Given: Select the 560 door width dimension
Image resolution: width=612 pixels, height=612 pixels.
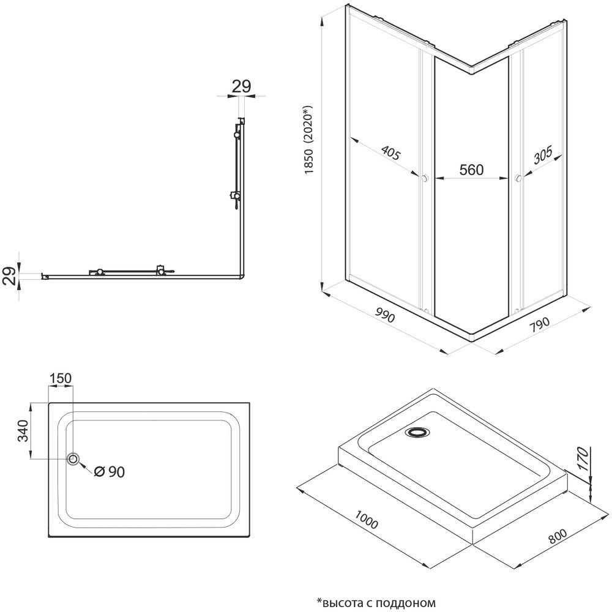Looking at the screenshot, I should pyautogui.click(x=471, y=170).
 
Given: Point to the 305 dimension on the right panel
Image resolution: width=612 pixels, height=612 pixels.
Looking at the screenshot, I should pyautogui.click(x=542, y=157).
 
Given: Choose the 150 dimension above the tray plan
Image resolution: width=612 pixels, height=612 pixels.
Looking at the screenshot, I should pyautogui.click(x=61, y=379).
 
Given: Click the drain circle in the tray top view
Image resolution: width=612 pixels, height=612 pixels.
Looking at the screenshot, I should pyautogui.click(x=74, y=459).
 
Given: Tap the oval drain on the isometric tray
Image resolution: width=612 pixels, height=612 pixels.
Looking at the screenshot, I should pyautogui.click(x=417, y=432).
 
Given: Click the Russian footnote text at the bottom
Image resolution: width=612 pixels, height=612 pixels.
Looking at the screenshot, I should pyautogui.click(x=375, y=602).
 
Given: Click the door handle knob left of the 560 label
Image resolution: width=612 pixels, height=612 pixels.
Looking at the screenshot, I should pyautogui.click(x=424, y=179).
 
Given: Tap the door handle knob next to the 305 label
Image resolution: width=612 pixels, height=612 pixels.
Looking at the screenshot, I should pyautogui.click(x=518, y=179).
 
